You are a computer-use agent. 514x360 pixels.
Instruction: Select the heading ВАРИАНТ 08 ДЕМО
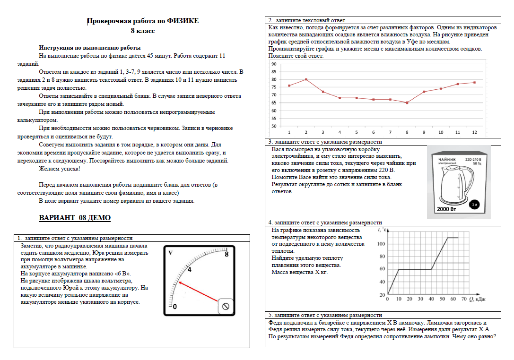(74, 218)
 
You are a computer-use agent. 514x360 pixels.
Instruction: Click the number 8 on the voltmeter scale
(227, 254)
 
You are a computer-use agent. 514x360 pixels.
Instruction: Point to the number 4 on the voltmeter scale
(189, 270)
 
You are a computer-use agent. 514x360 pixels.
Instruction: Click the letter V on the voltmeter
(170, 253)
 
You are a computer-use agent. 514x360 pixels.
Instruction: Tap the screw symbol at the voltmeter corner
(226, 308)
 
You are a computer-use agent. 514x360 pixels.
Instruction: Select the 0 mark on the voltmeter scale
(174, 307)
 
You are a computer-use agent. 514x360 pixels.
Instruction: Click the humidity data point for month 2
(306, 79)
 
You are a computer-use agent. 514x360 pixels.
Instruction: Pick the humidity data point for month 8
(407, 103)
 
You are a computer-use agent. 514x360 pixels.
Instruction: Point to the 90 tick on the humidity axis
(273, 64)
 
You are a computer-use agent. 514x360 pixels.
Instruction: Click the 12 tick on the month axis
(474, 133)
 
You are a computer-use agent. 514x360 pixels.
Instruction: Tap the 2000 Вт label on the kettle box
(446, 209)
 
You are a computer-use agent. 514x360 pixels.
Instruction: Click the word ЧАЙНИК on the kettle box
(447, 160)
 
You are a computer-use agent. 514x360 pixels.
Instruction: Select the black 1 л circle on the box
(474, 205)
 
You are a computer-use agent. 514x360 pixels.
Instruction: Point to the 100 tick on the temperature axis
(381, 244)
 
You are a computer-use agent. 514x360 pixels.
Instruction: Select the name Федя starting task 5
(275, 323)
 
